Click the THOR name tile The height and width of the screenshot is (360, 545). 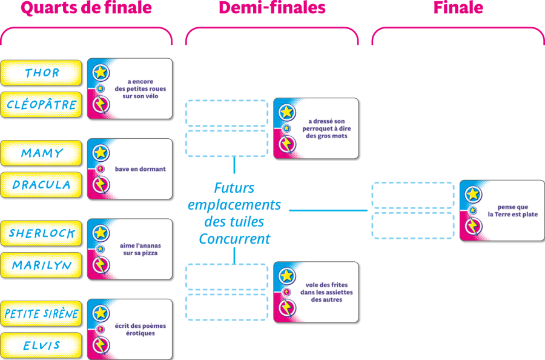tap(41, 73)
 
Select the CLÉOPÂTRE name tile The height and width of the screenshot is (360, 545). tap(41, 104)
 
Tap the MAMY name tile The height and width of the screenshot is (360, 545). tap(41, 153)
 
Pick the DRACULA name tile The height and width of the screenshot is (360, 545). tap(41, 185)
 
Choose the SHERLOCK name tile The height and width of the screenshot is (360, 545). tap(41, 233)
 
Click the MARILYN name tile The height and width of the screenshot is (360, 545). tap(41, 265)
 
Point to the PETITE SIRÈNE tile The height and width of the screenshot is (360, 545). tap(41, 314)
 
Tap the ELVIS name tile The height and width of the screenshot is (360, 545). tap(41, 345)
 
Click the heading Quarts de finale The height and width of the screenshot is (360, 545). tap(86, 8)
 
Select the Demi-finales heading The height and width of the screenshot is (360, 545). tap(272, 8)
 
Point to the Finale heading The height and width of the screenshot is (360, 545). tap(458, 8)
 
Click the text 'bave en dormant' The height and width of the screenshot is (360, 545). tap(140, 169)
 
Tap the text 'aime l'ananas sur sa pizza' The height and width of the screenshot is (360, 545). tap(140, 249)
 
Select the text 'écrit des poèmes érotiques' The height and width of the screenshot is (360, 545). tap(140, 329)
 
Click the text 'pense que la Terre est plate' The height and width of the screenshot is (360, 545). tap(513, 211)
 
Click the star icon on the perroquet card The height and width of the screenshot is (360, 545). tap(287, 112)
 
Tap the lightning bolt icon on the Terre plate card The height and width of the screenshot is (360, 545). tap(473, 227)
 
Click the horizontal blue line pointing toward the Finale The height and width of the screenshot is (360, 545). tap(328, 210)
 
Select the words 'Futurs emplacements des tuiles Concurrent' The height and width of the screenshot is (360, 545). tap(234, 213)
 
